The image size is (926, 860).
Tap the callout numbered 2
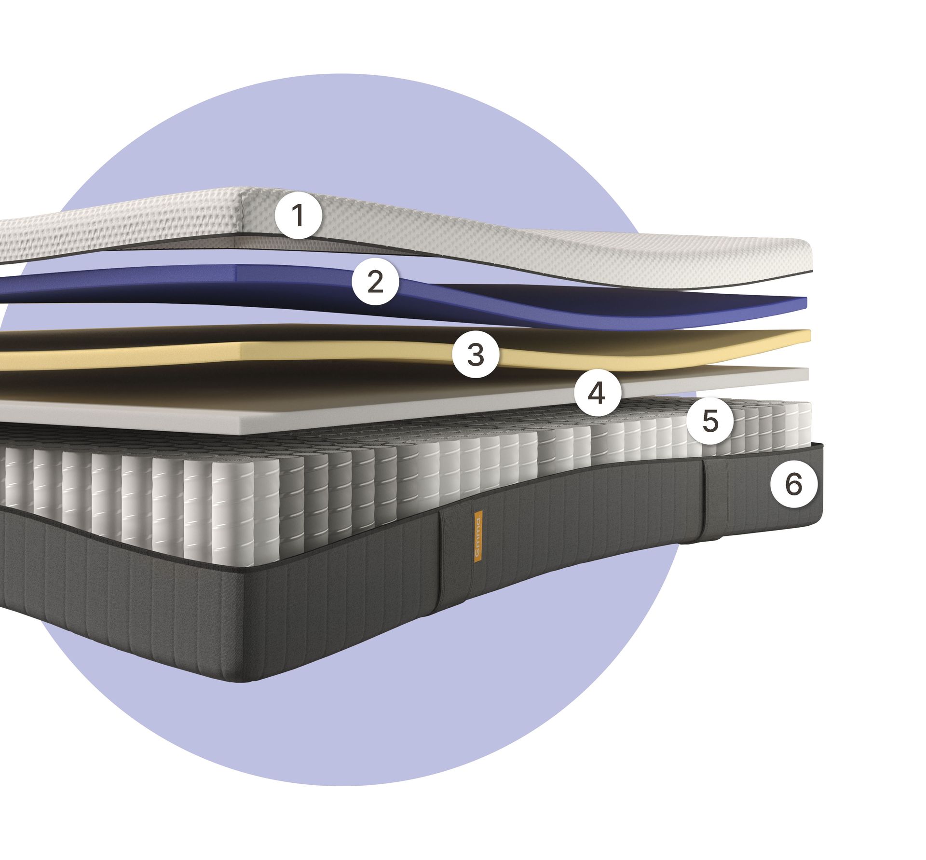tap(375, 281)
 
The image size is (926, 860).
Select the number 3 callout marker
tap(476, 355)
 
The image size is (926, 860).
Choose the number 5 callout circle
tap(710, 421)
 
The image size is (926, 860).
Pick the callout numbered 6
tap(793, 484)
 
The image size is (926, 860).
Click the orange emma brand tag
tap(478, 536)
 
